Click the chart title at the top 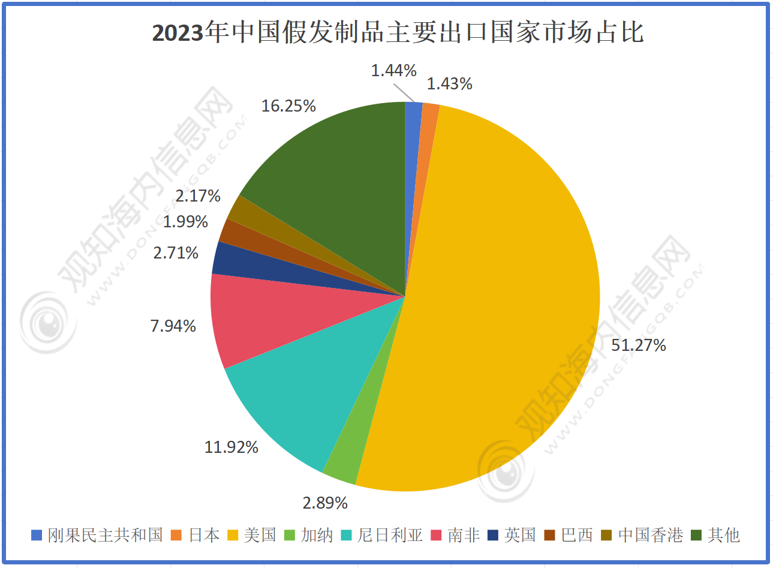pos(398,32)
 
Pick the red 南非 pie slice pos(264,318)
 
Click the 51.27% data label pos(639,345)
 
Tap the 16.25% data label pos(288,106)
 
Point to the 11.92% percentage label pos(231,447)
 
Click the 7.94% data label pos(173,326)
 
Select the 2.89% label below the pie pos(325,503)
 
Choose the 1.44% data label pos(393,71)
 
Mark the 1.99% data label pos(185,222)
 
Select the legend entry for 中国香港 pos(643,534)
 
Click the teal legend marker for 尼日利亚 pos(347,534)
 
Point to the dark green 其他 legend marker pos(696,534)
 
